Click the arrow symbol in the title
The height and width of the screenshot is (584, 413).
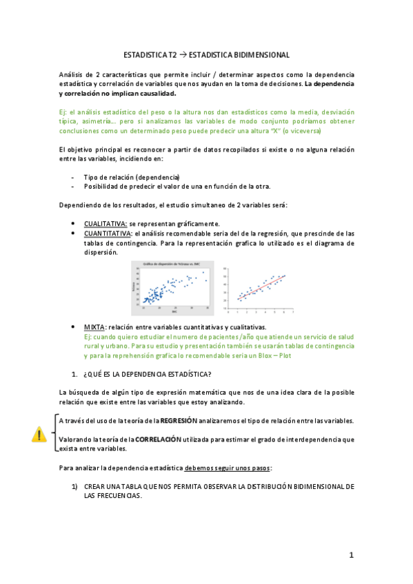pos(182,54)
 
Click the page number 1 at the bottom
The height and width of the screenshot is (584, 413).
pos(351,555)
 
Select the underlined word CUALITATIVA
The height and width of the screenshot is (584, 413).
pos(105,224)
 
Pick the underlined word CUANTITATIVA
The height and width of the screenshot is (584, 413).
pos(108,233)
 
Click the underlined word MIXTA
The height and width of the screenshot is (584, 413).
pos(94,326)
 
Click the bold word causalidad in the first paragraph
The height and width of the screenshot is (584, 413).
pos(157,94)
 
